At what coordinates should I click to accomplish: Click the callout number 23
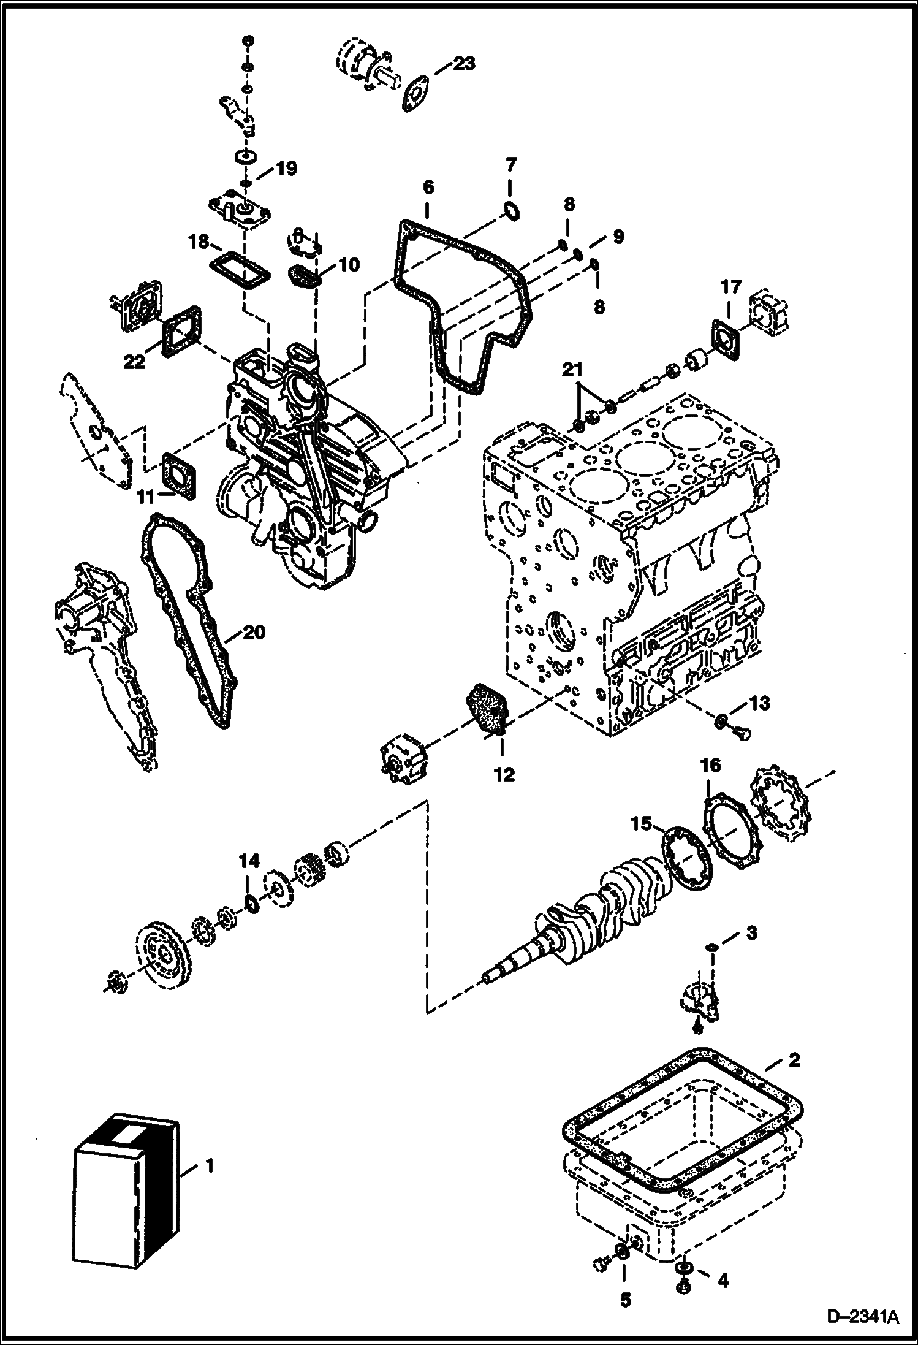click(465, 63)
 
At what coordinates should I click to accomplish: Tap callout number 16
click(711, 766)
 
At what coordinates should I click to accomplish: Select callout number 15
click(642, 825)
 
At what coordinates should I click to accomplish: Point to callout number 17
click(731, 287)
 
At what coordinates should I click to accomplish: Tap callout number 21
click(572, 370)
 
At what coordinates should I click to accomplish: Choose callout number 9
click(617, 237)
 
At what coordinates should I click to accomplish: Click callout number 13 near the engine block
click(759, 703)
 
